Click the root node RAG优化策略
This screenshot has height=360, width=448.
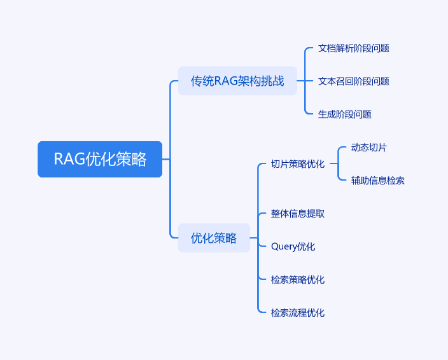[100, 159]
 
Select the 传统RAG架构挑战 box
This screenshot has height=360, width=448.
[237, 81]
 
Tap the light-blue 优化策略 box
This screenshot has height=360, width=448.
[214, 238]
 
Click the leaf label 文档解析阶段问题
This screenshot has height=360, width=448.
[354, 48]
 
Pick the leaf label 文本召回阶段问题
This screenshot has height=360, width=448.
[354, 81]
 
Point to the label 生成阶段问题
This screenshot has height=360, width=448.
[345, 114]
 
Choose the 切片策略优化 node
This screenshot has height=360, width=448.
[298, 164]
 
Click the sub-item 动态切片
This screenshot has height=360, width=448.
[369, 148]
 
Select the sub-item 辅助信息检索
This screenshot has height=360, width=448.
[378, 181]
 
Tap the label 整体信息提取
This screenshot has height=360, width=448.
[298, 214]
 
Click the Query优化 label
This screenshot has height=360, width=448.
[293, 247]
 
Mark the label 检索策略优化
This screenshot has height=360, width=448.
[298, 280]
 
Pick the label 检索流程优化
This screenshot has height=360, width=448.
[298, 313]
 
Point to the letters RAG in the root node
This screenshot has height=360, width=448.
[69, 159]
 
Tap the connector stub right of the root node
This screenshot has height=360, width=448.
[166, 159]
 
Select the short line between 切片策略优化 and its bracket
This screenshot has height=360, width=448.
[334, 163]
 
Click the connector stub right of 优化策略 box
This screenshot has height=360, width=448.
[254, 237]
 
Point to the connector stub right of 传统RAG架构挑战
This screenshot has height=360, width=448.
[301, 81]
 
